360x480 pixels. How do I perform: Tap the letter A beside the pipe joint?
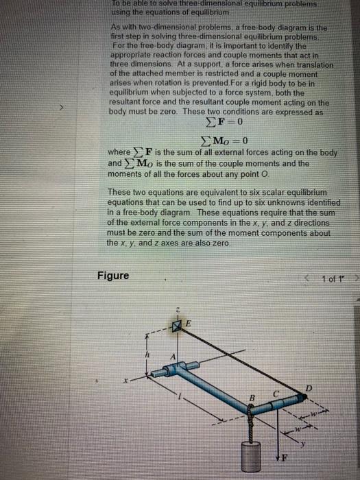[173, 355]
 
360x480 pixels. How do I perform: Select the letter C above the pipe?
[276, 393]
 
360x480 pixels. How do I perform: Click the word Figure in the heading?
[112, 276]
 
